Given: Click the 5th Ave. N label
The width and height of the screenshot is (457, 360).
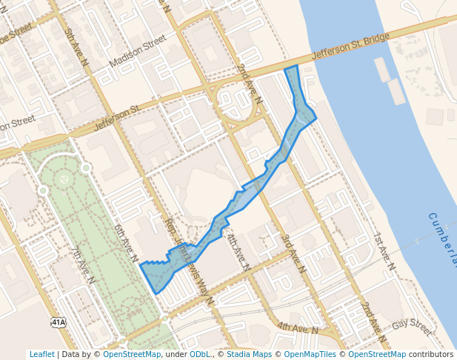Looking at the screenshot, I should tap(76, 50).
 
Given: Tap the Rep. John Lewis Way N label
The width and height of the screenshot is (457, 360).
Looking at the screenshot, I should tap(188, 261).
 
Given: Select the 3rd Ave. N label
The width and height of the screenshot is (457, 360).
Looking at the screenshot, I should tap(293, 254).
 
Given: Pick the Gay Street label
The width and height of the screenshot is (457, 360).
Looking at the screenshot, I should tap(411, 327).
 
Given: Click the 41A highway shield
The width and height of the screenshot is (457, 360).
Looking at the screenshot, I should tap(59, 322).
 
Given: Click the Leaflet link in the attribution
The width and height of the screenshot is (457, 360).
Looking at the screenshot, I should tap(41, 355).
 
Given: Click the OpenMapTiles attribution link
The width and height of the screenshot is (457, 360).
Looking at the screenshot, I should tap(311, 355).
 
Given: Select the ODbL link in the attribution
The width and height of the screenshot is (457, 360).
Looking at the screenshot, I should tap(200, 355).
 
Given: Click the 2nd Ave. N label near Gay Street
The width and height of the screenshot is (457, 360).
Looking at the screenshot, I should tap(375, 316).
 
